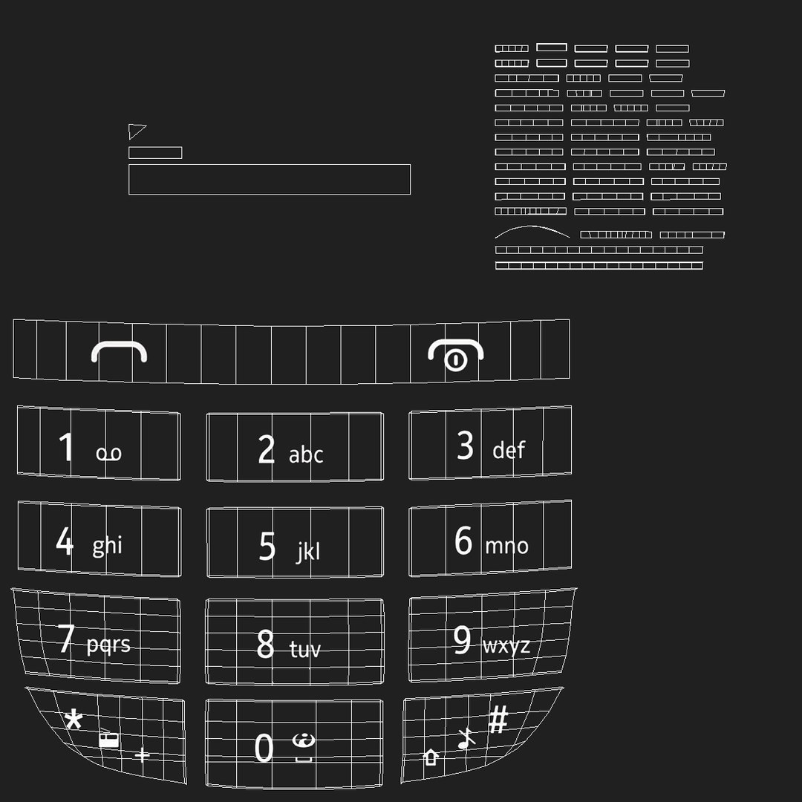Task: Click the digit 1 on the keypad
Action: click(x=67, y=447)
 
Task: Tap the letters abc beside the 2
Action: click(x=306, y=454)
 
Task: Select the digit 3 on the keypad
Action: click(x=466, y=446)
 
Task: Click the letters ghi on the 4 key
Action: click(x=107, y=546)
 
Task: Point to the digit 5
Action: click(x=267, y=547)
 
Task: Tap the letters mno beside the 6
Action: click(x=506, y=547)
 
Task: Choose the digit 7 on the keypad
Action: click(x=67, y=638)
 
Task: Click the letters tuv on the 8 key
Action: click(x=305, y=650)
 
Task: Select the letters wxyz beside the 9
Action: click(x=506, y=646)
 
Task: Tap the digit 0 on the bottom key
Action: click(x=264, y=748)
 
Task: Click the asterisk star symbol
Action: click(x=74, y=720)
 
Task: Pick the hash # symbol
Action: click(x=498, y=719)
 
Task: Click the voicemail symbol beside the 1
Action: click(x=108, y=454)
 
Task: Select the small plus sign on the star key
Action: click(x=142, y=756)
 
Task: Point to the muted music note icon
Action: click(x=466, y=738)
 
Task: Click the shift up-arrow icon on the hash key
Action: click(x=431, y=757)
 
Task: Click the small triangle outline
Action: click(x=136, y=131)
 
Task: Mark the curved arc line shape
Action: click(x=532, y=229)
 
